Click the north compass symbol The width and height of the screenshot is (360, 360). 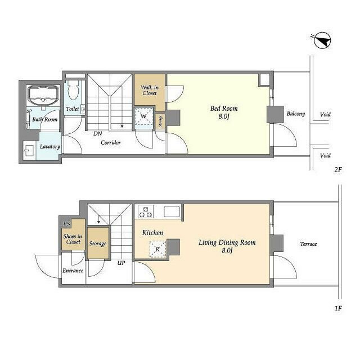(x=322, y=40)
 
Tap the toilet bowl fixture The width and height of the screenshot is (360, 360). (x=74, y=90)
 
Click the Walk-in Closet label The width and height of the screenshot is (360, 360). (x=150, y=90)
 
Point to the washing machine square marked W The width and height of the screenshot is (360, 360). (x=144, y=116)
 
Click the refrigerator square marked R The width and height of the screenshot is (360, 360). (x=157, y=249)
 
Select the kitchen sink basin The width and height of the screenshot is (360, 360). (x=172, y=211)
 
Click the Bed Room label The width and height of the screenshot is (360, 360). (x=224, y=112)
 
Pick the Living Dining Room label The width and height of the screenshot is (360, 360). (x=227, y=246)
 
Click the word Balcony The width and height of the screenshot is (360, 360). (x=296, y=114)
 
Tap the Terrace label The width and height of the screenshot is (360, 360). (x=308, y=244)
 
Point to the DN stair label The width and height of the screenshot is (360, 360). (x=97, y=133)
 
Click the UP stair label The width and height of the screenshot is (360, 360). (x=121, y=263)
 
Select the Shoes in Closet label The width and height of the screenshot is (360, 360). (x=73, y=239)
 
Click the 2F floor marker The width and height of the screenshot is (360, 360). (x=338, y=169)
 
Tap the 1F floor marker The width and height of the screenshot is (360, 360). (x=338, y=308)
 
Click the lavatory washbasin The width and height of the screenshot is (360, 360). (x=29, y=151)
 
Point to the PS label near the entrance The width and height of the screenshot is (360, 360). (x=67, y=224)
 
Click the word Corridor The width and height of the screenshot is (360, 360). (x=111, y=142)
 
